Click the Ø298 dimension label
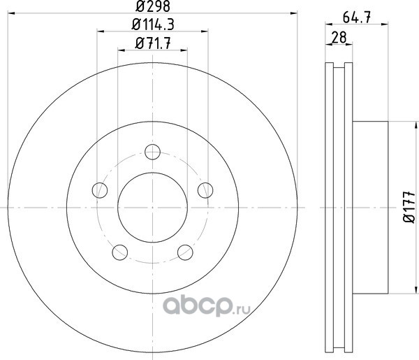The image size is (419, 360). pyautogui.click(x=152, y=6)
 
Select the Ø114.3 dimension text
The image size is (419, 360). pyautogui.click(x=152, y=24)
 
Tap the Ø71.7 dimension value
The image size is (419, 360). pyautogui.click(x=152, y=43)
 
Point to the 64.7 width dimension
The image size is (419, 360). pyautogui.click(x=356, y=17)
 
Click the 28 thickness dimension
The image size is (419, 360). pyautogui.click(x=339, y=38)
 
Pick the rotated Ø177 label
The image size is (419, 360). pyautogui.click(x=409, y=207)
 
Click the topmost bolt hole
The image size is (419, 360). pyautogui.click(x=152, y=152)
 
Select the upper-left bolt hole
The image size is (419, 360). pyautogui.click(x=100, y=190)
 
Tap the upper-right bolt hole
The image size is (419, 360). pyautogui.click(x=205, y=190)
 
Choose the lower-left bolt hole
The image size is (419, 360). pyautogui.click(x=119, y=252)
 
